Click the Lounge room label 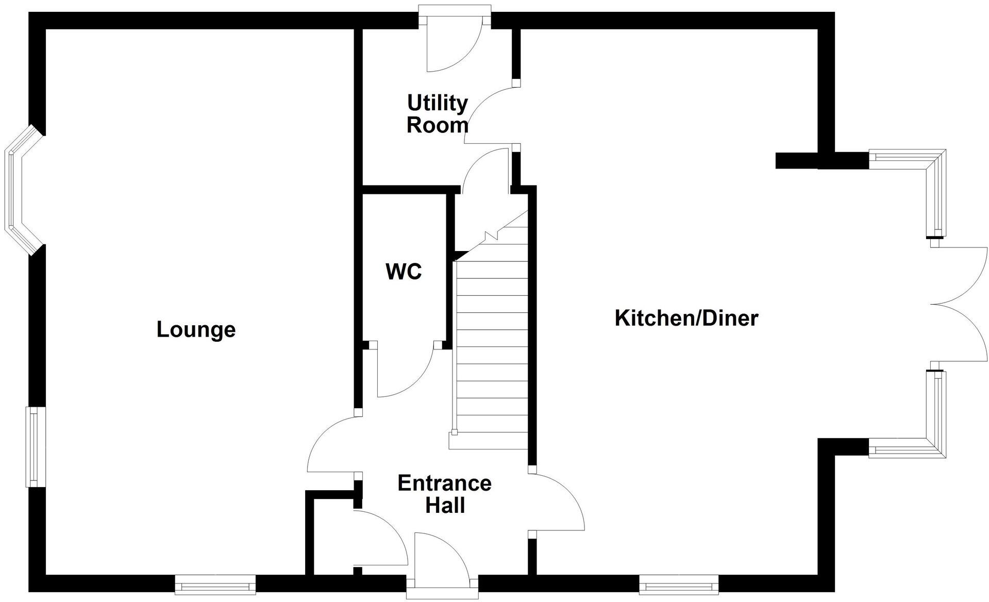click(196, 330)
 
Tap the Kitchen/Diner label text click(686, 318)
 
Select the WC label click(404, 272)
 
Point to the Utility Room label click(438, 114)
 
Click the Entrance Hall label click(445, 494)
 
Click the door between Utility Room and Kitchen click(491, 115)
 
